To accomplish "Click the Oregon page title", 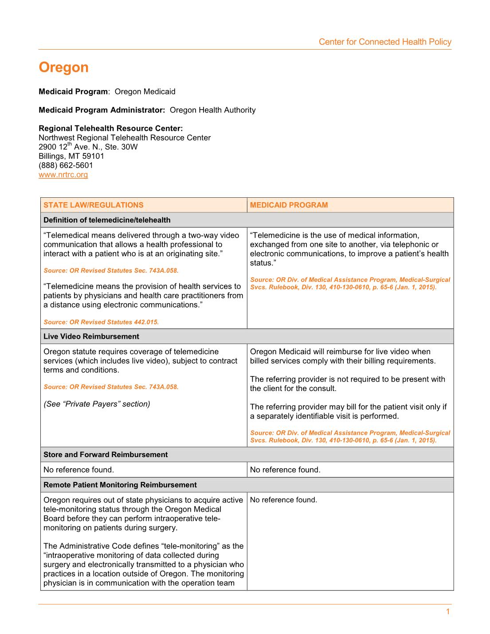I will [x=63, y=67].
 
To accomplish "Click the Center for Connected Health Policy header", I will [x=385, y=42].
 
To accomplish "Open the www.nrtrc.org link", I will [x=63, y=175].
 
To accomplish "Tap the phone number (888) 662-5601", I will [x=66, y=165].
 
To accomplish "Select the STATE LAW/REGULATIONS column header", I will [x=93, y=205].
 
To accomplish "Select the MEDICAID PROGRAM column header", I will [x=289, y=205].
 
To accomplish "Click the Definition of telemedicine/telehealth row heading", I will [x=107, y=220].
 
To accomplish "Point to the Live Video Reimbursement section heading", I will [x=91, y=337].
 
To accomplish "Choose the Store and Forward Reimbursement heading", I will [x=106, y=455].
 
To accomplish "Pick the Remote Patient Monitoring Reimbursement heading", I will [x=120, y=485].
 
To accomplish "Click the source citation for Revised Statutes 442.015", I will [x=101, y=322].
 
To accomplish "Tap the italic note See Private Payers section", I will [x=97, y=404].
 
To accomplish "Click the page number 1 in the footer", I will [x=448, y=612].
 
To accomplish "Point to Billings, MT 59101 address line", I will [x=71, y=156].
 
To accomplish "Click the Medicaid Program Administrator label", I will [x=102, y=110].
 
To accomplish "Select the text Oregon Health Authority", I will [x=213, y=110].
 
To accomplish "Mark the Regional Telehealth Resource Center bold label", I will [x=110, y=129].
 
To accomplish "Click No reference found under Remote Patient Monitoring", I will [x=283, y=500].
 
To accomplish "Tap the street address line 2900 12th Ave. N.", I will [x=88, y=147].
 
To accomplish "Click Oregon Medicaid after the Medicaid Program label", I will [x=145, y=92].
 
